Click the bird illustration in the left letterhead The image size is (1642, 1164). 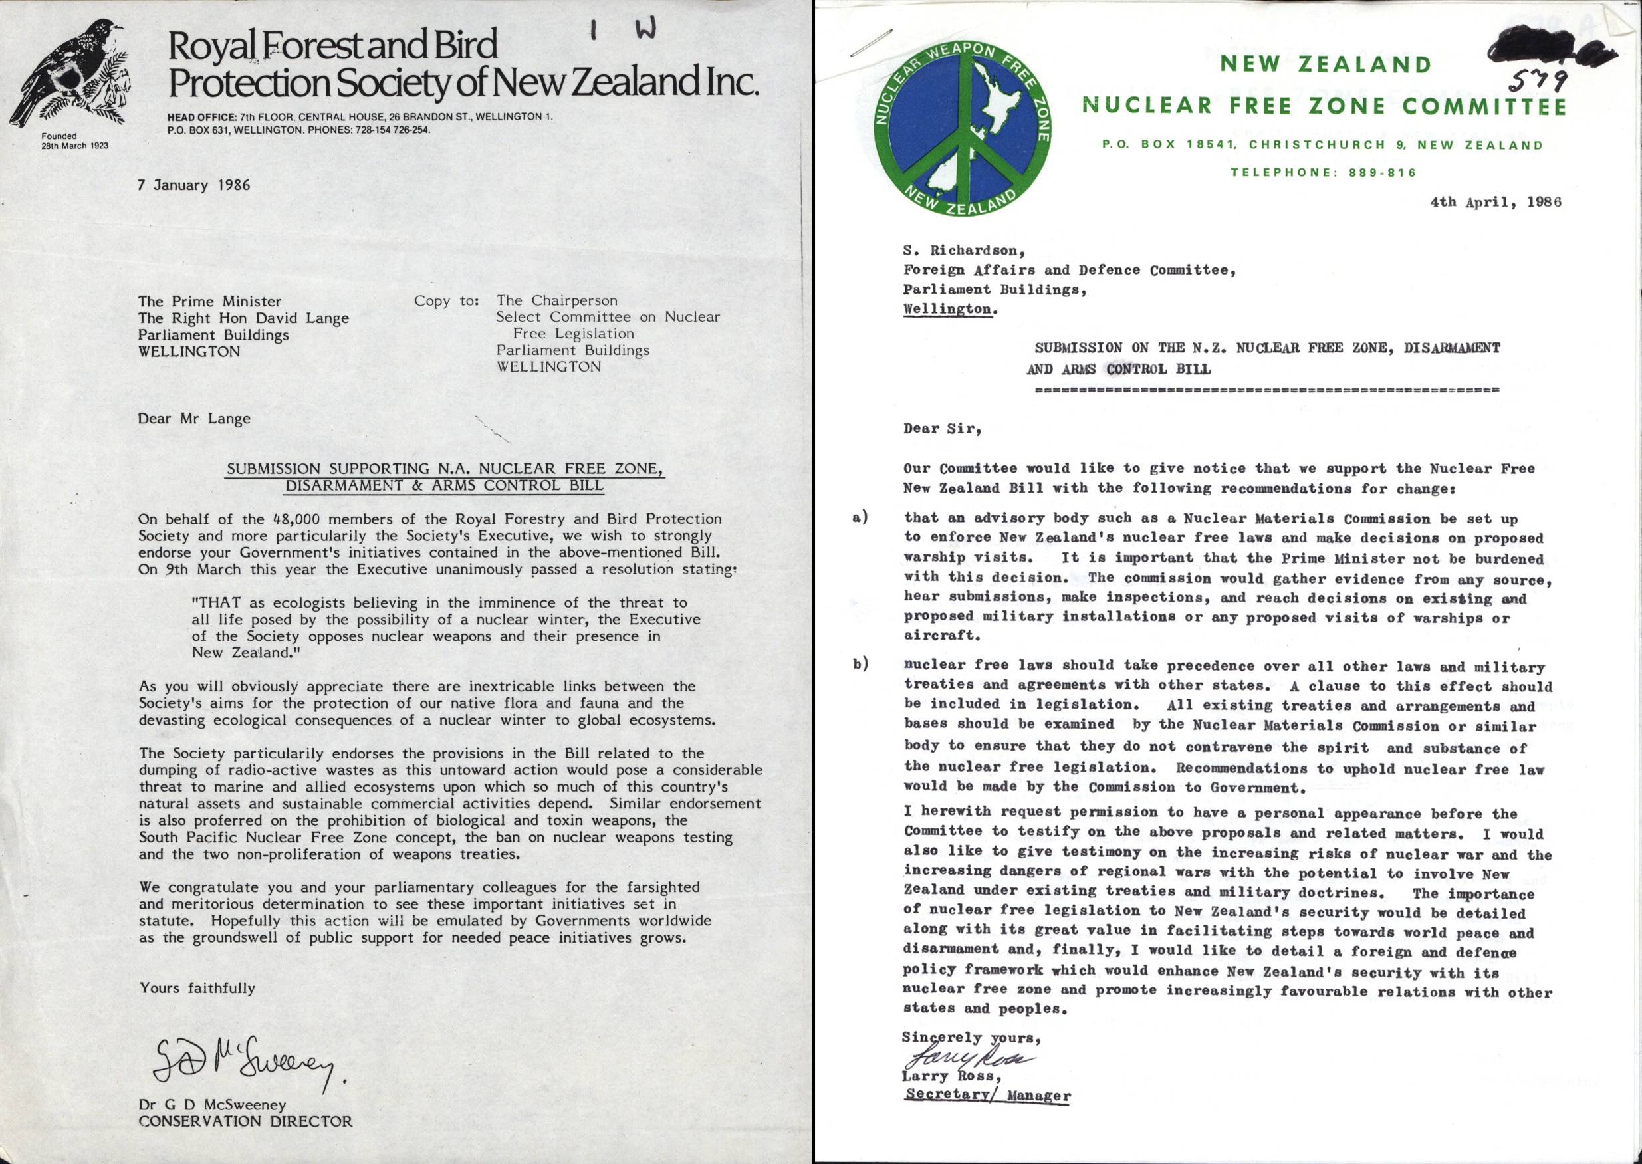click(68, 72)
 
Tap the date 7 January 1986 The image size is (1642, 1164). click(193, 185)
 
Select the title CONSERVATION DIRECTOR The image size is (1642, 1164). click(245, 1121)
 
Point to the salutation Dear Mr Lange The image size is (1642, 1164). click(193, 419)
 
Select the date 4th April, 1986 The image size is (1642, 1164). click(1495, 202)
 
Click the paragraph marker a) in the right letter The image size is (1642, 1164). click(860, 517)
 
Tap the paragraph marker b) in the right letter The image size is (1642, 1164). click(860, 664)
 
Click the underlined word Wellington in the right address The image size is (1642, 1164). click(947, 310)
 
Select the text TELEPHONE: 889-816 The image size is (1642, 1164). click(1323, 173)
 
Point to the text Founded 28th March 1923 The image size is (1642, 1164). click(74, 140)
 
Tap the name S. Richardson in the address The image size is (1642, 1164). click(964, 251)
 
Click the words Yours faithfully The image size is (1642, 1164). click(197, 989)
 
